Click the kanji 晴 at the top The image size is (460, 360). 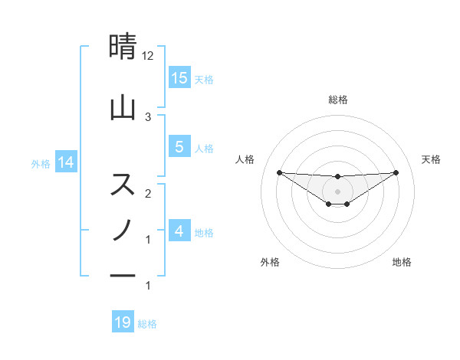click(x=123, y=48)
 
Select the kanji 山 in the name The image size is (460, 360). click(x=123, y=108)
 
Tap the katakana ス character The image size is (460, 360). click(x=123, y=185)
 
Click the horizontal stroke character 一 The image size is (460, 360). click(x=123, y=274)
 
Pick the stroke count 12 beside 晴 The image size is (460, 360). click(x=148, y=56)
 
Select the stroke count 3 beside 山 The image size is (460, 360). click(x=148, y=116)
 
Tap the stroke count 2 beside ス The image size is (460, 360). click(x=148, y=193)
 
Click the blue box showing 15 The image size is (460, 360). click(x=179, y=78)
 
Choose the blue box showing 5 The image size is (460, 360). click(x=179, y=147)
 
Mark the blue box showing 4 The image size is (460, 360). click(x=179, y=231)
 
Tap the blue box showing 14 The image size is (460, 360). click(x=66, y=162)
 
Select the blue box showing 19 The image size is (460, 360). click(x=123, y=322)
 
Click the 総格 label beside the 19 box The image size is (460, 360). click(x=147, y=324)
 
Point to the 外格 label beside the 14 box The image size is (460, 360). click(x=41, y=163)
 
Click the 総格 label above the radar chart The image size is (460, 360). click(x=338, y=100)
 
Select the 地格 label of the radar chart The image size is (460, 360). click(x=402, y=262)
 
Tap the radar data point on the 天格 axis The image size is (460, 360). click(x=396, y=172)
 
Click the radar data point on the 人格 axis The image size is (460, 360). click(x=279, y=172)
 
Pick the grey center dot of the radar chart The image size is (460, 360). click(x=337, y=191)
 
